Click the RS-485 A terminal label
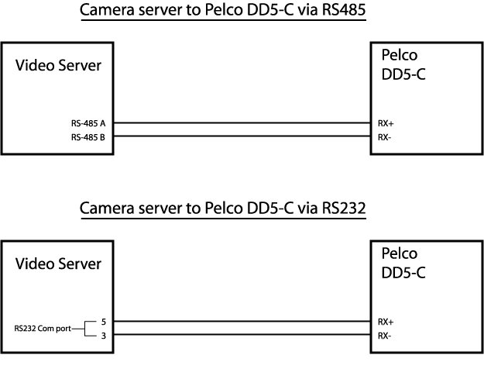(x=88, y=123)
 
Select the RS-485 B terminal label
(x=88, y=137)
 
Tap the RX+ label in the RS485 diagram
(x=386, y=123)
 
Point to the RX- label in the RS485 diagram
(x=385, y=137)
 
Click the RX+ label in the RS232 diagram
(x=386, y=322)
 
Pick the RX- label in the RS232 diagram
(x=385, y=336)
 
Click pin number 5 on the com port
(x=104, y=322)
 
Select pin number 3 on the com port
(x=104, y=336)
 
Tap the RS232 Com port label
(x=43, y=329)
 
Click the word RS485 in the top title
(x=344, y=9)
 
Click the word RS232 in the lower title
(x=344, y=208)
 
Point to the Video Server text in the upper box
(x=58, y=65)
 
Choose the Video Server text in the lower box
(x=58, y=264)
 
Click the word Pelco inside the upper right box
(x=400, y=55)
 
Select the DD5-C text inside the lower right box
(x=403, y=273)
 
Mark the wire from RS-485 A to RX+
(x=242, y=122)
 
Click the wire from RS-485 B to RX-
(x=242, y=136)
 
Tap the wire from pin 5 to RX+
(x=242, y=321)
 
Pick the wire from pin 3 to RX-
(x=242, y=334)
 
